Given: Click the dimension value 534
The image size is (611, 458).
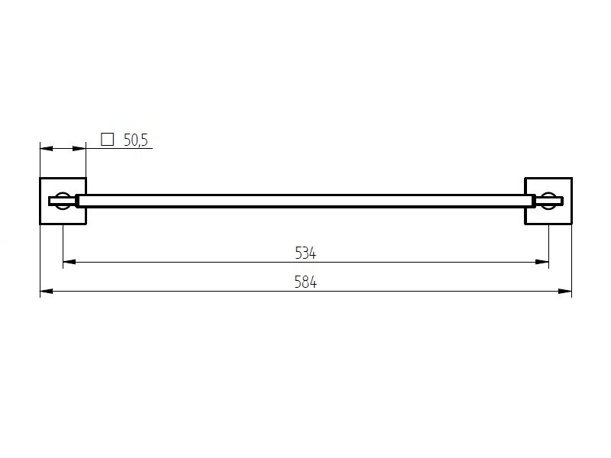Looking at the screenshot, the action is tap(305, 253).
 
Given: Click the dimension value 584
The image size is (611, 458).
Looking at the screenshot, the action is tap(305, 282).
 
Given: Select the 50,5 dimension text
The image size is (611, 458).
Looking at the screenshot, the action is tap(136, 140).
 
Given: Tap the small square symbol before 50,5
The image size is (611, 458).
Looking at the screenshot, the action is tap(107, 139).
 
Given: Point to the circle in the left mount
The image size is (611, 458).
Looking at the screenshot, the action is tap(63, 194).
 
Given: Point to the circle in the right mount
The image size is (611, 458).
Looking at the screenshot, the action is tap(548, 194).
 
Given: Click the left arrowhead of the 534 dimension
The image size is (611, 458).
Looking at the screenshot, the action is tap(70, 262).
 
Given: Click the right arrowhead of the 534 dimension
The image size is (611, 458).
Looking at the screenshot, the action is tap(542, 262).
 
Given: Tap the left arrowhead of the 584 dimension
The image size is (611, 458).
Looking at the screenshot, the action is tap(47, 291).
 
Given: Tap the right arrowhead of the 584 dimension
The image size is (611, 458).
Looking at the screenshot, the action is tap(565, 291).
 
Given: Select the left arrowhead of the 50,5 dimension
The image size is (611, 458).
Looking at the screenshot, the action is tap(47, 148).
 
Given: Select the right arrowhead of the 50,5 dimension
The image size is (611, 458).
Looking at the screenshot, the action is tap(79, 148).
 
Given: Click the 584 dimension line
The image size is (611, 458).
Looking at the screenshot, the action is tap(306, 291).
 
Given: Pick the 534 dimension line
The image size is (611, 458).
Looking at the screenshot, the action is tap(306, 262).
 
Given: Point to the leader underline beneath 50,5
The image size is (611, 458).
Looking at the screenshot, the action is tap(119, 148).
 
